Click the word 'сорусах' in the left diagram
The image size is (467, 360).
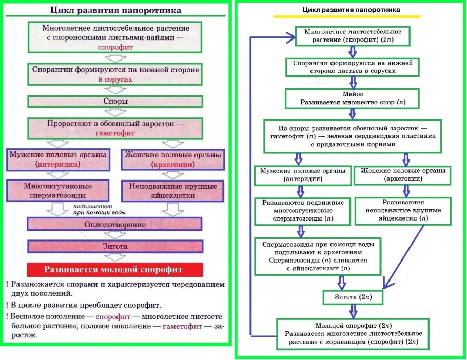118,80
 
